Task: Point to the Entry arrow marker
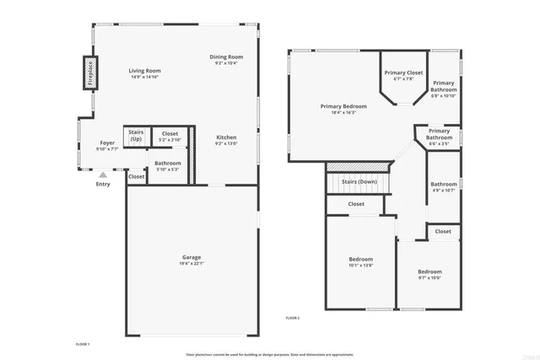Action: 103,175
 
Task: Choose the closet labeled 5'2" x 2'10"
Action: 170,137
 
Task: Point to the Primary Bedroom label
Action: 343,106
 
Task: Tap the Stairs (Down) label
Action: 359,181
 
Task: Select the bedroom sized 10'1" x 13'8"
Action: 360,262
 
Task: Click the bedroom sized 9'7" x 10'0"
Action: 429,275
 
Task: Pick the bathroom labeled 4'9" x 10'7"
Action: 443,187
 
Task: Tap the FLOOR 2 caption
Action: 293,317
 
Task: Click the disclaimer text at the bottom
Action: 270,355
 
